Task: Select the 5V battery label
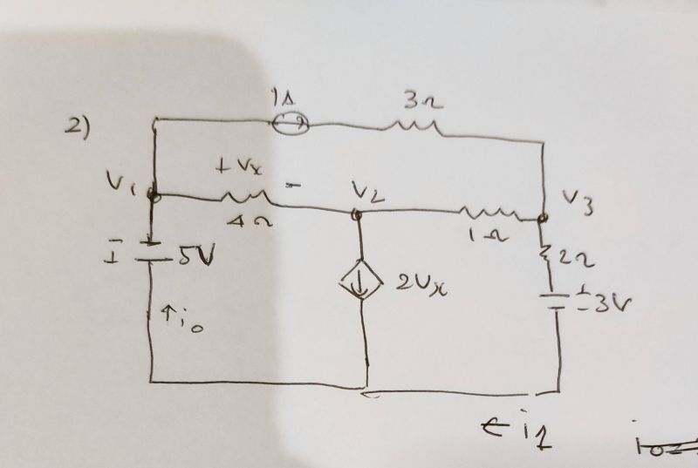[195, 259]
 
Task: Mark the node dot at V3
[543, 218]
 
